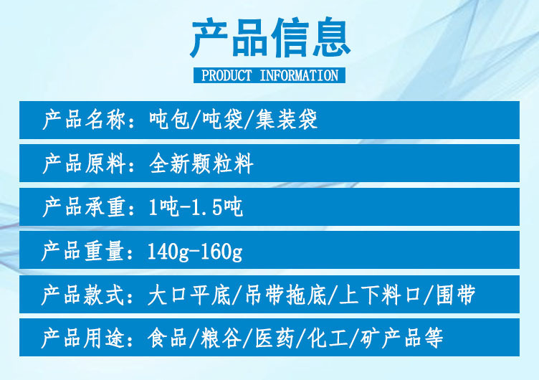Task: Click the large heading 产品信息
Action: click(x=270, y=37)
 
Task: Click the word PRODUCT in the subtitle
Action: click(x=226, y=75)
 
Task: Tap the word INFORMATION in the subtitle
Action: click(x=299, y=75)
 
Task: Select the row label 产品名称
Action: click(x=84, y=120)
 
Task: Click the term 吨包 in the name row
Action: click(x=169, y=120)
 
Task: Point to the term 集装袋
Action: click(x=286, y=120)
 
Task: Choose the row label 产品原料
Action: click(x=84, y=163)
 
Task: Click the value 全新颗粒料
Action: click(x=201, y=163)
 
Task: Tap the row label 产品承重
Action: click(x=84, y=207)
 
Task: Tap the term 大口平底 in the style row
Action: click(x=189, y=295)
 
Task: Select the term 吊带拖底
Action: click(x=285, y=295)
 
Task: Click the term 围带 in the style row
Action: click(x=456, y=295)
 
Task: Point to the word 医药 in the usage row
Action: click(x=275, y=338)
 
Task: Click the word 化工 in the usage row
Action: click(x=328, y=338)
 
